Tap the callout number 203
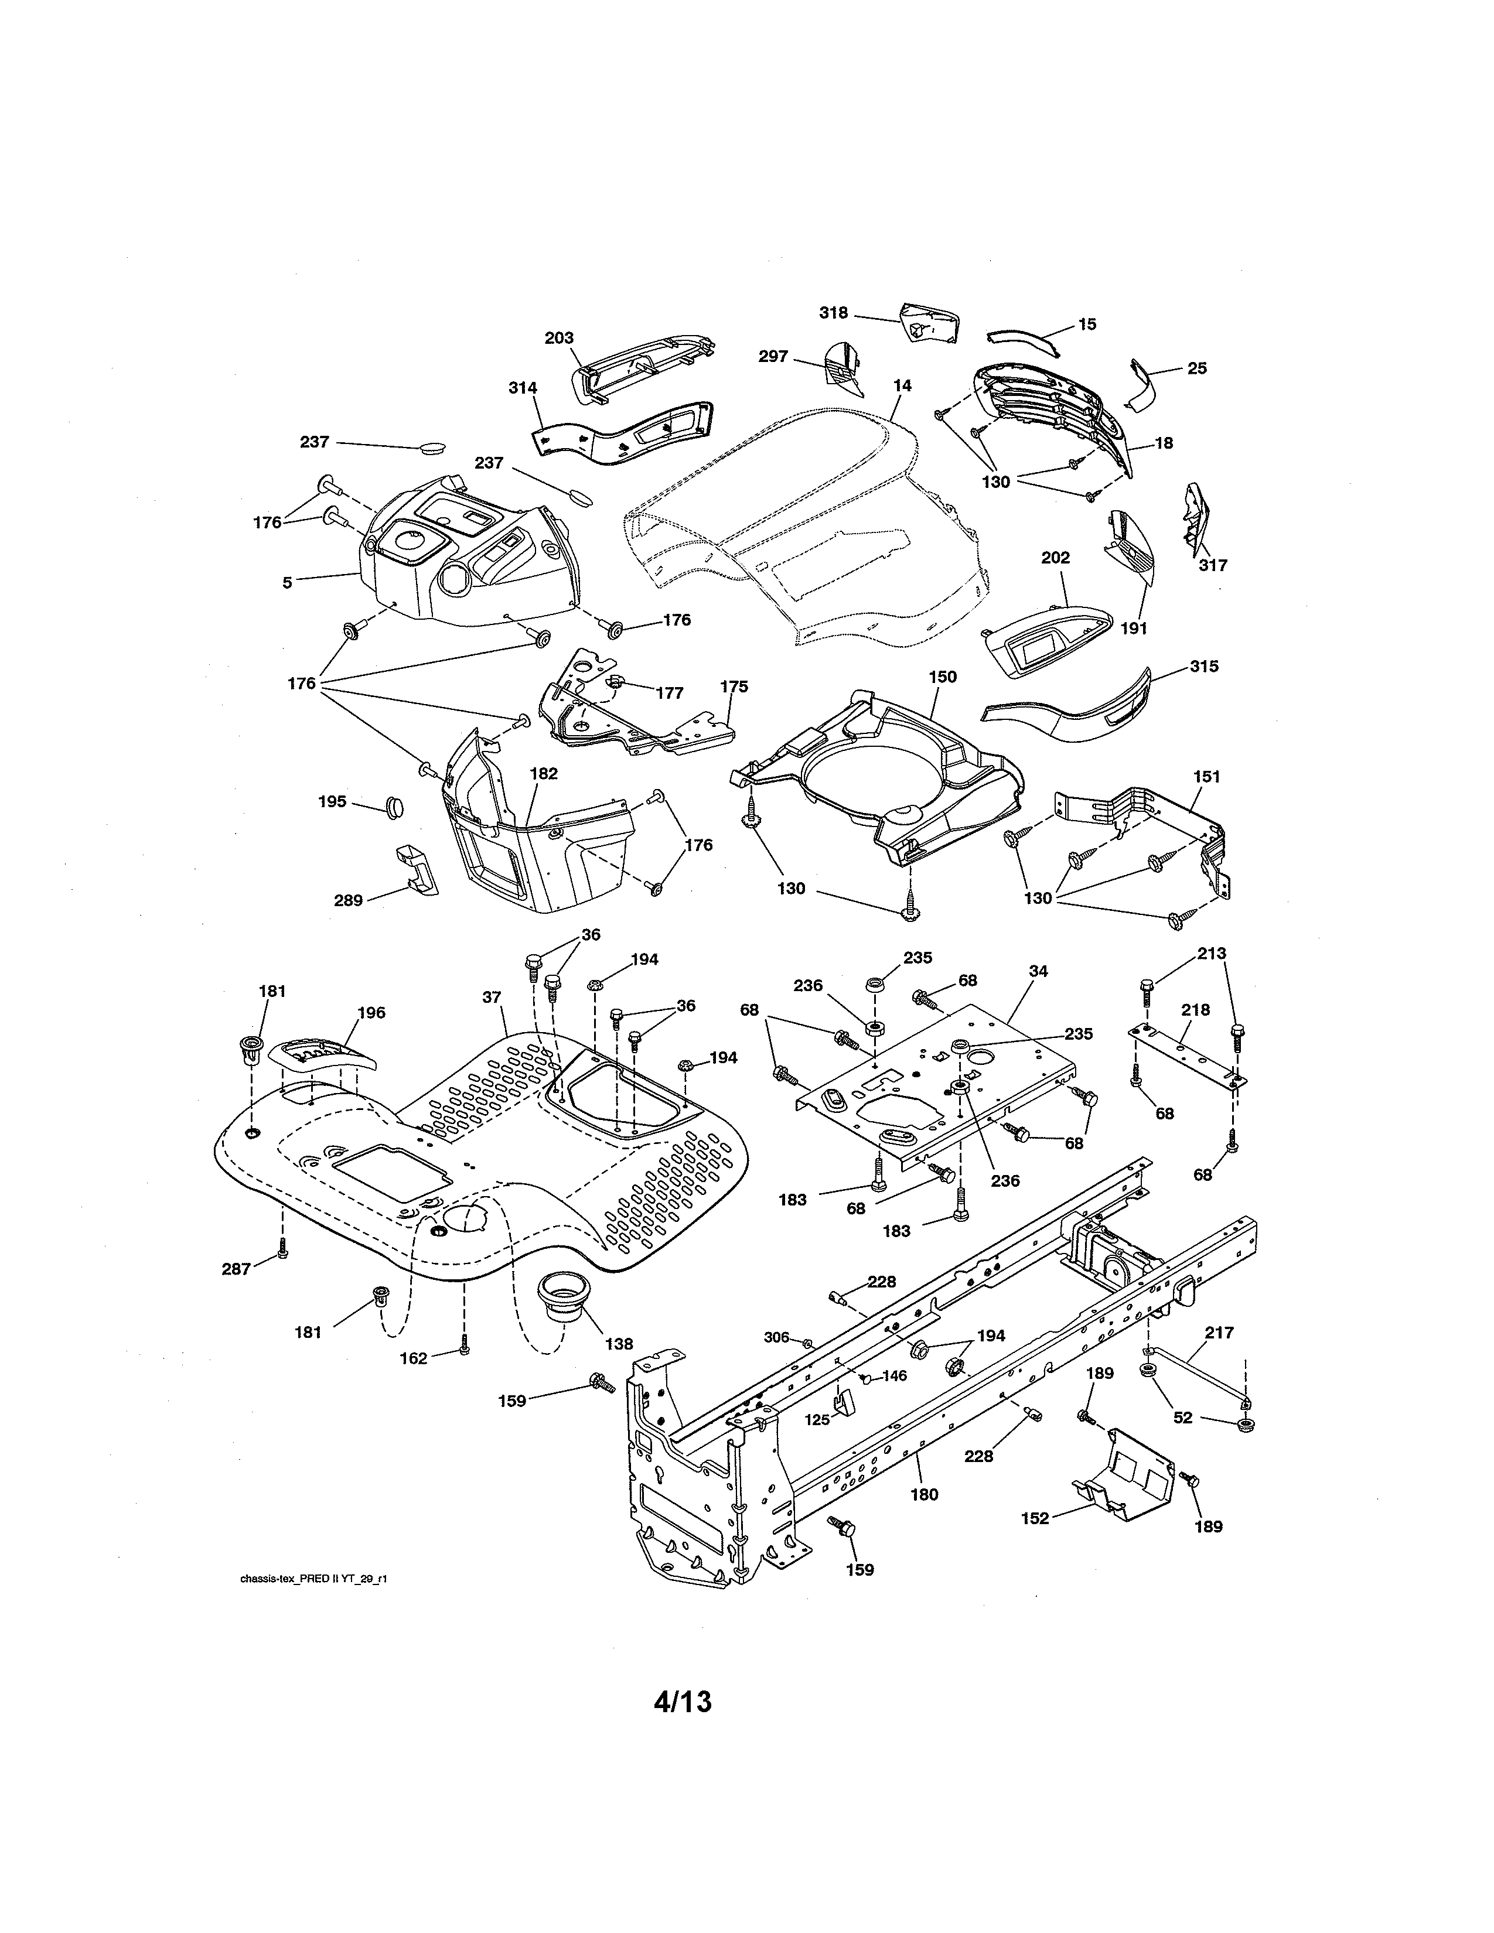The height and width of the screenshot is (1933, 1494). click(558, 338)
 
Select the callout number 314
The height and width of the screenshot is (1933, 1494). click(522, 388)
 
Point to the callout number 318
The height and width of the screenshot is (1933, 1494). click(833, 312)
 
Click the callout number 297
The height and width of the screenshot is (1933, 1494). click(773, 357)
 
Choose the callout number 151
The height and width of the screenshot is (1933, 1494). click(1206, 776)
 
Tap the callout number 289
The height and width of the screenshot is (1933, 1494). click(348, 901)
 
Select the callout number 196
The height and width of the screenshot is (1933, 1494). click(371, 1013)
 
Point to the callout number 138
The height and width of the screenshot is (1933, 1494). click(619, 1344)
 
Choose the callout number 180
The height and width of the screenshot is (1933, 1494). click(924, 1495)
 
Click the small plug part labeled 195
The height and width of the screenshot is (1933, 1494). click(394, 807)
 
